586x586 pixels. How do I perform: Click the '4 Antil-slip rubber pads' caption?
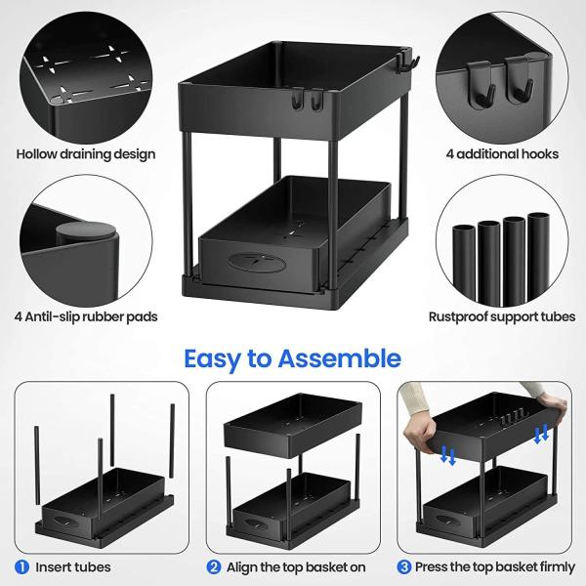(87, 316)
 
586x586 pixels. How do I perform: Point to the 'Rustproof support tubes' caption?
(501, 316)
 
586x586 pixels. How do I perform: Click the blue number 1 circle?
(21, 566)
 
